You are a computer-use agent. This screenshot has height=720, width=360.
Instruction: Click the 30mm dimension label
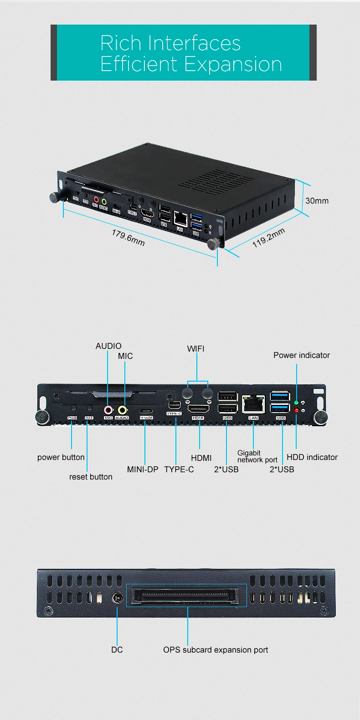(x=317, y=201)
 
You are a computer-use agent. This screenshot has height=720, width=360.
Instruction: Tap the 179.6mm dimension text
(x=128, y=238)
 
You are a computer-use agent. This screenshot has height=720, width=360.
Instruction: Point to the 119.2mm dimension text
(x=268, y=238)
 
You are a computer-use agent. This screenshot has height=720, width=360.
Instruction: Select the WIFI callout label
(x=195, y=349)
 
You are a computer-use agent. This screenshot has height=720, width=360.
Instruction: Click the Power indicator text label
(x=301, y=355)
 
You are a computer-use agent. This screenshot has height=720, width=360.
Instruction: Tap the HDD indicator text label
(x=312, y=457)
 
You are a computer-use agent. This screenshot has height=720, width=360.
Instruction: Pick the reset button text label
(x=91, y=477)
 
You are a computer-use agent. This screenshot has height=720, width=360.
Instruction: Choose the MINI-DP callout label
(x=143, y=470)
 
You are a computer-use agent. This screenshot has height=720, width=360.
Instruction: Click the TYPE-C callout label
(x=179, y=470)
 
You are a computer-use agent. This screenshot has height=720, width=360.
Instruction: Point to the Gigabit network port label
(x=257, y=456)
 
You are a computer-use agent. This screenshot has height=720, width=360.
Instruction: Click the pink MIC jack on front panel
(x=108, y=410)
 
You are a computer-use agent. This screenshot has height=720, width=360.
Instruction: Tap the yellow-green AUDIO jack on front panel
(x=122, y=410)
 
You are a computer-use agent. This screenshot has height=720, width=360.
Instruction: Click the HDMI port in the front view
(x=199, y=408)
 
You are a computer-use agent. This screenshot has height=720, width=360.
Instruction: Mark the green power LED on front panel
(x=296, y=403)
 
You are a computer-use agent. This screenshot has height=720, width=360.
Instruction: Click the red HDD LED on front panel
(x=296, y=411)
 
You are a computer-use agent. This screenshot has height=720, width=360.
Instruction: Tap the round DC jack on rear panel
(x=118, y=597)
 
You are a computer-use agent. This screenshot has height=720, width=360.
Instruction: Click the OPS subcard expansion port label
(x=216, y=650)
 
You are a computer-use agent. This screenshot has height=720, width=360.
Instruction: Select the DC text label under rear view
(x=117, y=650)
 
